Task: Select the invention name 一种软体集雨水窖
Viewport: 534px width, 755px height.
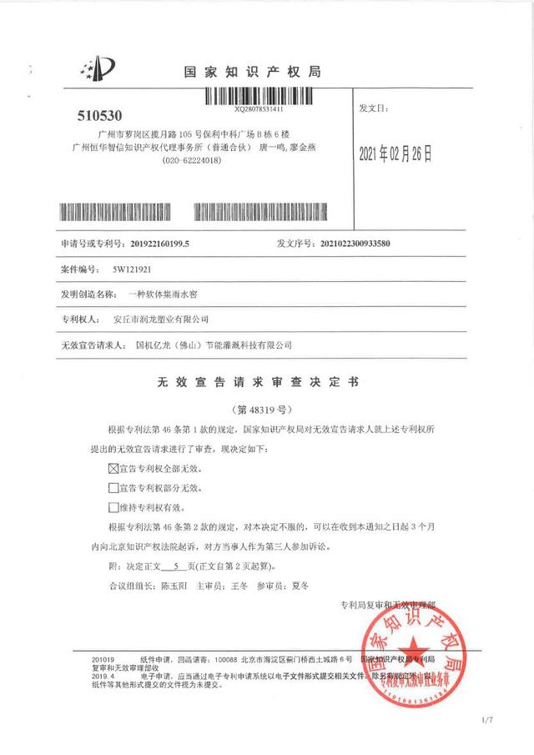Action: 158,294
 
